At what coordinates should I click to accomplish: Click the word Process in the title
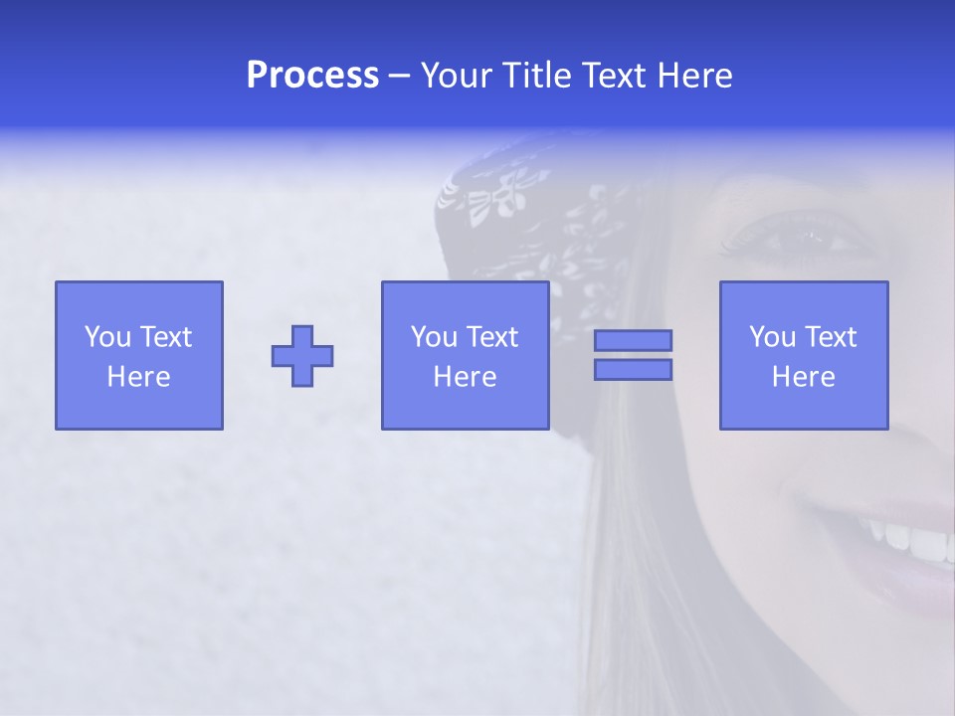[x=312, y=76]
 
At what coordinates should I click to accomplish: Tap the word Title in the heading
[x=537, y=76]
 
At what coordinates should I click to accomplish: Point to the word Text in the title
[x=614, y=76]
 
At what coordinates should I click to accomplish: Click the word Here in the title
[x=694, y=76]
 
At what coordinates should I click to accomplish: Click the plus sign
[x=302, y=356]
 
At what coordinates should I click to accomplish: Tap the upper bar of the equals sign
[x=633, y=340]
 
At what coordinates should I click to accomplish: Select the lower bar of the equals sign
[x=633, y=370]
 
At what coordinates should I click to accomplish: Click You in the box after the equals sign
[x=772, y=337]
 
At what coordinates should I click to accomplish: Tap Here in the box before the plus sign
[x=139, y=377]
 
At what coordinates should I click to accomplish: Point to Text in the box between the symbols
[x=493, y=337]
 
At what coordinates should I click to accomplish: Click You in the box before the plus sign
[x=107, y=337]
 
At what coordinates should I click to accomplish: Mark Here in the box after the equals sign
[x=804, y=377]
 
